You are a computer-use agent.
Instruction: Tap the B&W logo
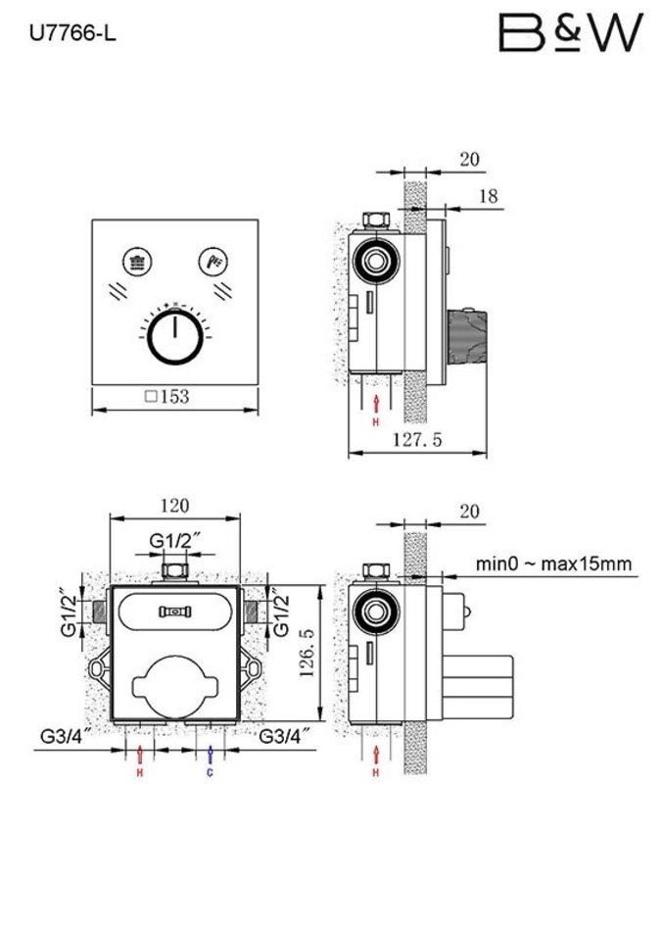[x=572, y=33]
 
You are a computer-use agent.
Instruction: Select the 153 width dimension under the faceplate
[x=166, y=397]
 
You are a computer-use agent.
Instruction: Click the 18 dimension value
[x=488, y=197]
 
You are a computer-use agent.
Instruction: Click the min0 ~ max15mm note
[x=554, y=563]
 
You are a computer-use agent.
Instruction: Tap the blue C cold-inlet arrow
[x=211, y=756]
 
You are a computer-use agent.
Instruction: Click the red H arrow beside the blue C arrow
[x=141, y=756]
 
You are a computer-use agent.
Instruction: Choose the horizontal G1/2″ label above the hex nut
[x=175, y=541]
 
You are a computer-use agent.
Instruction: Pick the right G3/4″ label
[x=286, y=734]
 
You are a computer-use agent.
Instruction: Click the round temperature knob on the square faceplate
[x=174, y=339]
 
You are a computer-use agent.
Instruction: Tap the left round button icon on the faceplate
[x=135, y=261]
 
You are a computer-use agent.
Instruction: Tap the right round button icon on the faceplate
[x=213, y=261]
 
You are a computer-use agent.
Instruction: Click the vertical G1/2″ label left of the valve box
[x=68, y=612]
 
